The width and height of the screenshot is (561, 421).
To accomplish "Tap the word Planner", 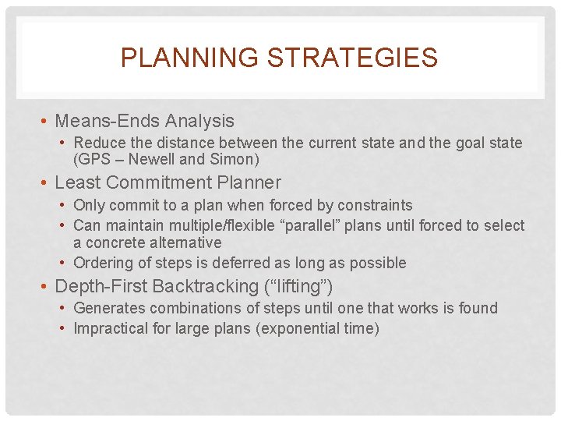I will point(252,182).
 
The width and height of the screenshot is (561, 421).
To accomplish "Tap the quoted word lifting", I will point(302,286).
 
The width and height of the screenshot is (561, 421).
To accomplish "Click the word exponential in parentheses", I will point(300,328).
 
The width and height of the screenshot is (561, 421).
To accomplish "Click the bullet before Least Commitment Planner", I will point(47,183).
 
